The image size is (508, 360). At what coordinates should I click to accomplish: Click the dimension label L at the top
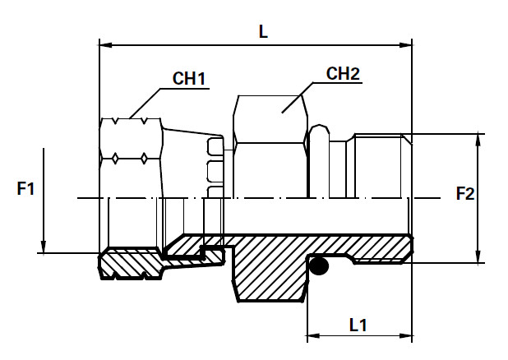pyautogui.click(x=263, y=32)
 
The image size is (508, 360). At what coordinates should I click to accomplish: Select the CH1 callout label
pyautogui.click(x=189, y=78)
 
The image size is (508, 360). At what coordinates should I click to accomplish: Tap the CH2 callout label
pyautogui.click(x=343, y=74)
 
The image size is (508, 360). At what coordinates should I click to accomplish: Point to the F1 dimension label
pyautogui.click(x=25, y=188)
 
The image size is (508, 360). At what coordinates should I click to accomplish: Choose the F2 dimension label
pyautogui.click(x=465, y=194)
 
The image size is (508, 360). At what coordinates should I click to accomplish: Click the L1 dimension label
pyautogui.click(x=358, y=325)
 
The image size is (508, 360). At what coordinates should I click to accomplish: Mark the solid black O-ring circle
pyautogui.click(x=319, y=266)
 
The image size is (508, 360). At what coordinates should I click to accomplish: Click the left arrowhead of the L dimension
pyautogui.click(x=105, y=44)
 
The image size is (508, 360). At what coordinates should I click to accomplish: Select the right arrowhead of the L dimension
pyautogui.click(x=405, y=44)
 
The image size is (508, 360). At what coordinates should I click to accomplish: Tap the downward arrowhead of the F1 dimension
pyautogui.click(x=44, y=247)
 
